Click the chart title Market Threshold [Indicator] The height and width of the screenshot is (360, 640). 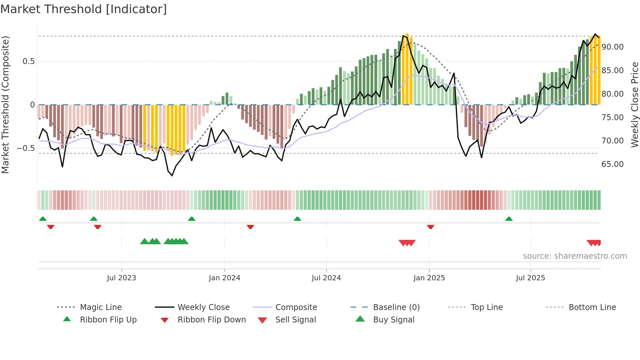coord(84,9)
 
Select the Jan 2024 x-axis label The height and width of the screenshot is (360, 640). coord(224,278)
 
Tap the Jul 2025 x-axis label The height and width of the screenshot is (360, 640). coord(530,278)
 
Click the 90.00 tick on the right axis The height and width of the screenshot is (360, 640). coord(612,47)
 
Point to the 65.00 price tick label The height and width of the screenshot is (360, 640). coord(612,164)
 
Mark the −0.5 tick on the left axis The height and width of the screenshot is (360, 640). coord(25,148)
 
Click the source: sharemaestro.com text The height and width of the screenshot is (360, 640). coord(575,256)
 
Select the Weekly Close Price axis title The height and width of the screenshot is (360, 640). coord(634,105)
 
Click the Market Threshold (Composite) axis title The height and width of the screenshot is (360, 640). coord(5,105)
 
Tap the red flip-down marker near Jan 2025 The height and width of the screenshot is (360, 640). coord(430,227)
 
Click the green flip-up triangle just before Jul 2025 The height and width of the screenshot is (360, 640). coord(509,219)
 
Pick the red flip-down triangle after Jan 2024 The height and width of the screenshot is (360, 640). coord(250,227)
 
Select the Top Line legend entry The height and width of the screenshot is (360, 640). coord(487,307)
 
